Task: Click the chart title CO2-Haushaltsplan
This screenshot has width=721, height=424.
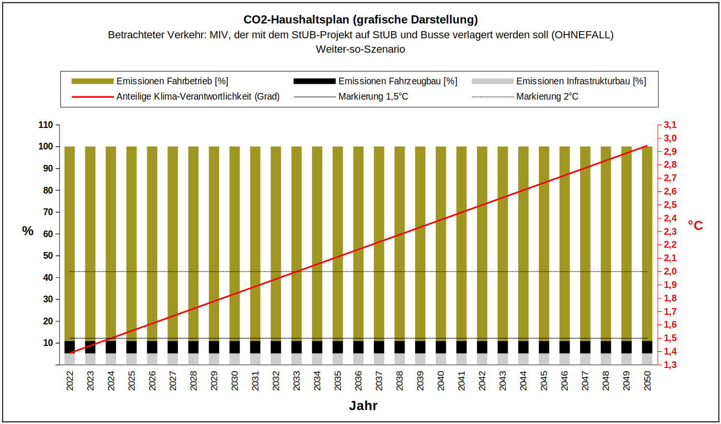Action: pos(360,20)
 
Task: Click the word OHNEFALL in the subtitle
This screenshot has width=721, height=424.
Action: pos(582,35)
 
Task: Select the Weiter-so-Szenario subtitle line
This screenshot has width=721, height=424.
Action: pos(360,49)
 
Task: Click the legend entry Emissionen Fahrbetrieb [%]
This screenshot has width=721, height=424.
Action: pos(172,81)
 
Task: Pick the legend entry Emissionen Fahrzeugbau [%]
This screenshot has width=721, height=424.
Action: pos(397,81)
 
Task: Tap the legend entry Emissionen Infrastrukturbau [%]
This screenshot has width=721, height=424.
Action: pos(581,81)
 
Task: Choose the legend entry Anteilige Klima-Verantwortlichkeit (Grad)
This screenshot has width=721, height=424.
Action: pos(198,97)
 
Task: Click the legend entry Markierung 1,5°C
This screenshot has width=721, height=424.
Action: pos(373,97)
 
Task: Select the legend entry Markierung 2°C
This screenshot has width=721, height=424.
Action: pos(547,97)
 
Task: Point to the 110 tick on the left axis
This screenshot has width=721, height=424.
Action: pos(46,125)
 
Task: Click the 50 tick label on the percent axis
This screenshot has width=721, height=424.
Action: pos(48,256)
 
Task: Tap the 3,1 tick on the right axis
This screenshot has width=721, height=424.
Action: pos(670,125)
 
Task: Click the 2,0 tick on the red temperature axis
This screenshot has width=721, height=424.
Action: pos(670,272)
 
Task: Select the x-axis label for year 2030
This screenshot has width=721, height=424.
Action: pos(235,381)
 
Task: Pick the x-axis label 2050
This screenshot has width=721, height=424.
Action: pos(647,381)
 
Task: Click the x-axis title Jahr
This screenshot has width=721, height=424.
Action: pos(363,406)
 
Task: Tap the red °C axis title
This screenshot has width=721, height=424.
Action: pos(695,226)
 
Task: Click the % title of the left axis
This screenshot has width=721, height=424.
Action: pos(28,231)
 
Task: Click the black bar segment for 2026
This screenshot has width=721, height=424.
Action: pos(152,347)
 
